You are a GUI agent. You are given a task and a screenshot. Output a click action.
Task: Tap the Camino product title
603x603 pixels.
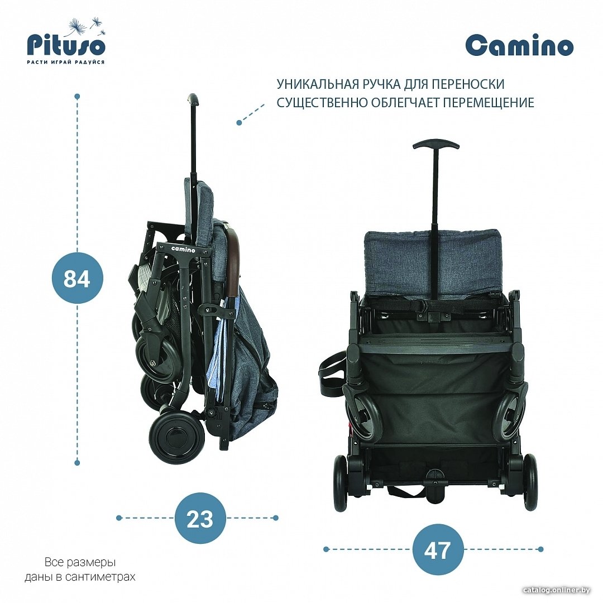520,46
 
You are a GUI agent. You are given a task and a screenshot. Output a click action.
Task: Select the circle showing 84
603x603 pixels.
77,278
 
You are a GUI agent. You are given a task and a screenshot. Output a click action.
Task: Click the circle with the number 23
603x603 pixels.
200,518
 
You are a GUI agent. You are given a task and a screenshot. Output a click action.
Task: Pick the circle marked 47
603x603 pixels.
438,549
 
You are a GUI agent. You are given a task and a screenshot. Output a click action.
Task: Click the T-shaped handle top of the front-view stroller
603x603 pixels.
436,146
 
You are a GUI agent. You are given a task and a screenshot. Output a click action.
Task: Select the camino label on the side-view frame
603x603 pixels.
183,249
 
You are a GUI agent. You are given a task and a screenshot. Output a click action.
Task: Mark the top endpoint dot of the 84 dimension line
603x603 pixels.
77,96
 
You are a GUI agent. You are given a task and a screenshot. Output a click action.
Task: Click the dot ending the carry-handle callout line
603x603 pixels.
239,123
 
